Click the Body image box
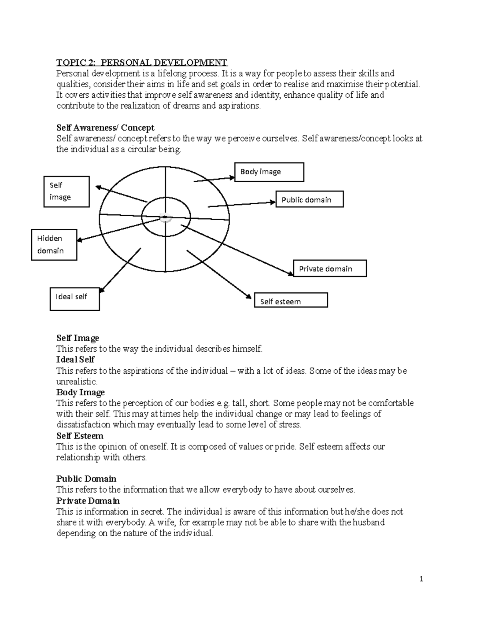[x=269, y=172]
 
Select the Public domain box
[x=309, y=199]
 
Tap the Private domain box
[x=330, y=269]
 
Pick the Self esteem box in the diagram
[x=291, y=300]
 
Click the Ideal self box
[x=74, y=299]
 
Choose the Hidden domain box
[x=54, y=245]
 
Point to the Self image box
[x=66, y=192]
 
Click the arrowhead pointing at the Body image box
[x=232, y=177]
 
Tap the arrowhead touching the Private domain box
[x=291, y=274]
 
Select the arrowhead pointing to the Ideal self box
[x=101, y=291]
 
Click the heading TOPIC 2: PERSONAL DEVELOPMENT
[x=142, y=62]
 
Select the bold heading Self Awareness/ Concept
[x=105, y=128]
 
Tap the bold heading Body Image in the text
[x=80, y=392]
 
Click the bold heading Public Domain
[x=86, y=479]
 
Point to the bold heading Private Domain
[x=88, y=501]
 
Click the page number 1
[x=421, y=579]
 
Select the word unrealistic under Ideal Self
[x=76, y=382]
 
